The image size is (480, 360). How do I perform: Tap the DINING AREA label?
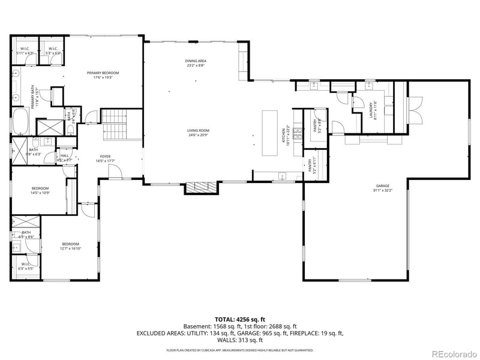click(x=196, y=63)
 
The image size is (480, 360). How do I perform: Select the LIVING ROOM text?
click(x=197, y=133)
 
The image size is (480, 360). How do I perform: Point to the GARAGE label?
click(x=383, y=188)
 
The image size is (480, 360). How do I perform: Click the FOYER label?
click(x=104, y=158)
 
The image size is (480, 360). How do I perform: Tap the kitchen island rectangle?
click(x=270, y=133)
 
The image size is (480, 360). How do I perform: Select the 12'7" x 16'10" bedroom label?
click(x=70, y=246)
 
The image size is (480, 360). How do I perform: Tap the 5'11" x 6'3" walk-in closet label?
click(x=25, y=51)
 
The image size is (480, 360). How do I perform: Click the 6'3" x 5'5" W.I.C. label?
click(x=26, y=266)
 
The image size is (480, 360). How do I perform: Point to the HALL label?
click(x=64, y=158)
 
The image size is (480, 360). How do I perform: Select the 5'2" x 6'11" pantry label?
click(x=313, y=165)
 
